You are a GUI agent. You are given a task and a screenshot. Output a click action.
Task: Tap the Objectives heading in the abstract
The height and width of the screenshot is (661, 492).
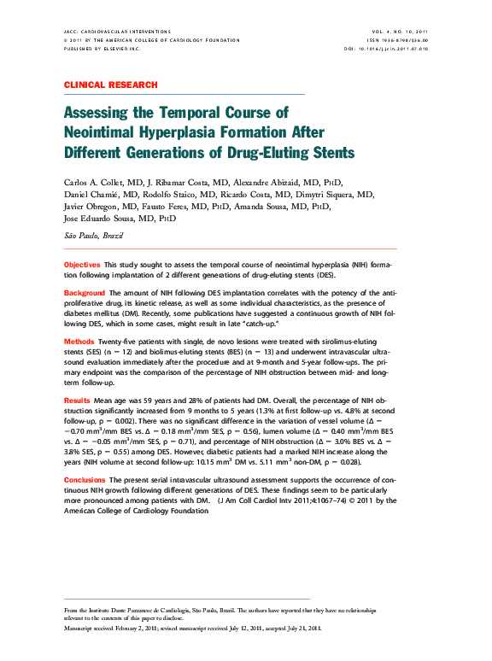(83, 266)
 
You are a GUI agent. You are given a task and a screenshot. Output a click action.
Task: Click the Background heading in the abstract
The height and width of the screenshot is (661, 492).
(85, 293)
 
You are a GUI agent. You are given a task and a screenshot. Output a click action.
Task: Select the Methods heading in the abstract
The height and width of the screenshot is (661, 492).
(79, 341)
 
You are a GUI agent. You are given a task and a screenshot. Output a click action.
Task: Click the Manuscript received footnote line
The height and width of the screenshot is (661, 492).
(194, 628)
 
